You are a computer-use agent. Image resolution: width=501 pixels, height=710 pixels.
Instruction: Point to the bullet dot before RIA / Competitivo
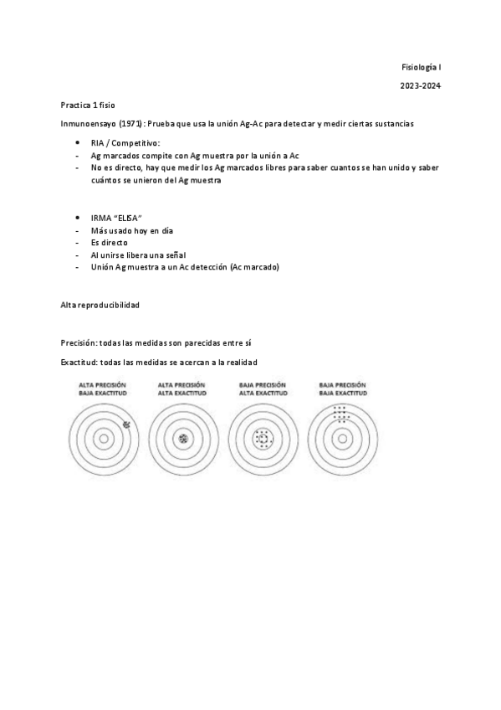[x=77, y=144]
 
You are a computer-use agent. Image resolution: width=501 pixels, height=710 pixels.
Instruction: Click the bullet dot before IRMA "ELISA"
[x=77, y=217]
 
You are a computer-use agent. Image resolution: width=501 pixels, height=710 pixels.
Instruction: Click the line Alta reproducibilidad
[x=100, y=306]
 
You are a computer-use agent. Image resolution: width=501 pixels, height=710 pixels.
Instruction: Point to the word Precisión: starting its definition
[x=79, y=342]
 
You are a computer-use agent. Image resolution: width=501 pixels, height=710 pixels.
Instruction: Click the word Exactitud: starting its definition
[x=79, y=362]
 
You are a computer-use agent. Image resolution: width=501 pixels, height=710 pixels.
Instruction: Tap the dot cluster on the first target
[x=126, y=424]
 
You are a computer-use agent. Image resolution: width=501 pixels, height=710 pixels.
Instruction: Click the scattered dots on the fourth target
[x=340, y=414]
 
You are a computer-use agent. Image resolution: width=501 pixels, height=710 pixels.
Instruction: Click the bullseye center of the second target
[x=182, y=438]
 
